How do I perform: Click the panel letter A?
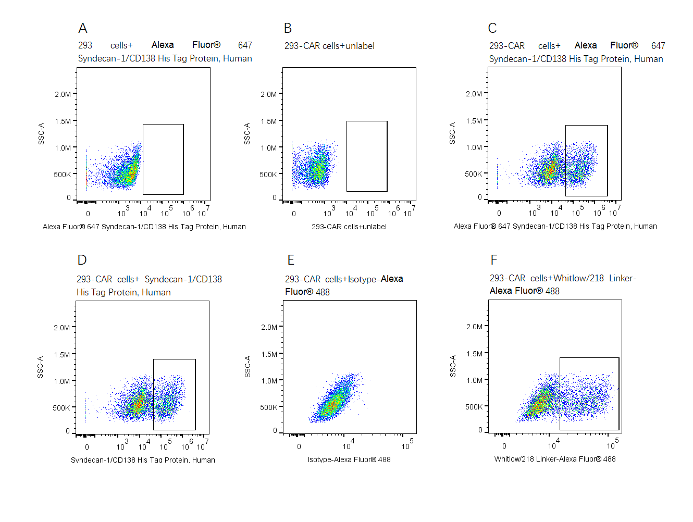(x=83, y=28)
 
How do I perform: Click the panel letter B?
(x=288, y=28)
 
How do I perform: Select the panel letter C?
(x=492, y=28)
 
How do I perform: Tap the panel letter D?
(x=82, y=260)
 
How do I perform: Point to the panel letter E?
(x=291, y=260)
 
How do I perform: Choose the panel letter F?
(x=494, y=259)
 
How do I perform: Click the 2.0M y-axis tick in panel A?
(x=63, y=94)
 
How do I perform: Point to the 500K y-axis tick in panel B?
(x=268, y=175)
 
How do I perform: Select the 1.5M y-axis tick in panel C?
(x=474, y=121)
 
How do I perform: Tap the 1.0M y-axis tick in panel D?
(x=62, y=381)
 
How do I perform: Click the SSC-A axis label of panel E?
(x=247, y=367)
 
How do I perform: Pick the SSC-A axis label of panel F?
(x=453, y=366)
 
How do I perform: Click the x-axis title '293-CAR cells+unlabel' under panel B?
(x=349, y=227)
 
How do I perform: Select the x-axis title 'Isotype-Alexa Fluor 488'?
(x=349, y=459)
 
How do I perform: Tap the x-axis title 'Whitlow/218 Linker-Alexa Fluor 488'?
(x=555, y=459)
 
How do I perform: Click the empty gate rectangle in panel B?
(x=367, y=156)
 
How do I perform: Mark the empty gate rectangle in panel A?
(x=163, y=159)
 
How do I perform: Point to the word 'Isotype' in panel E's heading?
(x=363, y=279)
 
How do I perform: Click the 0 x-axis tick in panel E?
(x=299, y=446)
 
